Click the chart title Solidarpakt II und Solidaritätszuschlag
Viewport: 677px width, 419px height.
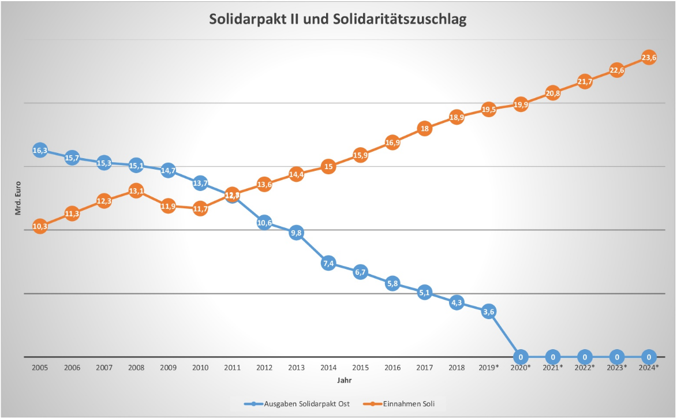click(338, 19)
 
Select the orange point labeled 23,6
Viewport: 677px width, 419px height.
click(649, 58)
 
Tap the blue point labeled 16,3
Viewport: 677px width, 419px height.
click(40, 151)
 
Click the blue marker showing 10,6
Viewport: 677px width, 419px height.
click(264, 223)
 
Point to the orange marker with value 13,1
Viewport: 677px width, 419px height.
click(136, 191)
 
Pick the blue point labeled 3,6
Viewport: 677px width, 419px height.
click(489, 312)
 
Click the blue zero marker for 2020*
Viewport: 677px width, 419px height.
click(521, 357)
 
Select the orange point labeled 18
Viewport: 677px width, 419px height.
click(425, 129)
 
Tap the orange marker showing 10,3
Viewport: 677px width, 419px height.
click(40, 226)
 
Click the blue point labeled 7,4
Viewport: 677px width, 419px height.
click(328, 264)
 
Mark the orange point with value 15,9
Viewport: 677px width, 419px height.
click(360, 155)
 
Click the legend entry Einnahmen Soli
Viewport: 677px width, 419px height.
click(403, 404)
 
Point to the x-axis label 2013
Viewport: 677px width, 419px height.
click(296, 368)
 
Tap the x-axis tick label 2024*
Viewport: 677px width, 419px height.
click(649, 368)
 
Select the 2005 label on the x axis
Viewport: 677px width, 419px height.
click(40, 368)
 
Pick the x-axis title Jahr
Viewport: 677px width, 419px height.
click(344, 381)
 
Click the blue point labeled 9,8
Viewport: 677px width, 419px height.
click(296, 233)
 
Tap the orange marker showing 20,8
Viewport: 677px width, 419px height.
click(552, 93)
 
